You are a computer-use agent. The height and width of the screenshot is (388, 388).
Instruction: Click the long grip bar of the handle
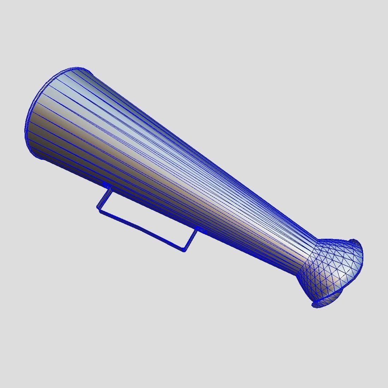pos(141,229)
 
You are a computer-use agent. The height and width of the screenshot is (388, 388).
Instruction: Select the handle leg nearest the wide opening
pos(104,198)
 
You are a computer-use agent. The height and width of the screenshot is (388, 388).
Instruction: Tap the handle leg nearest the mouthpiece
pos(190,240)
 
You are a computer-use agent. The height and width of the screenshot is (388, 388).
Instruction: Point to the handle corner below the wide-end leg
pos(99,210)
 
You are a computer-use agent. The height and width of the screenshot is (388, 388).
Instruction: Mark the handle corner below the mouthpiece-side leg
pos(184,250)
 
